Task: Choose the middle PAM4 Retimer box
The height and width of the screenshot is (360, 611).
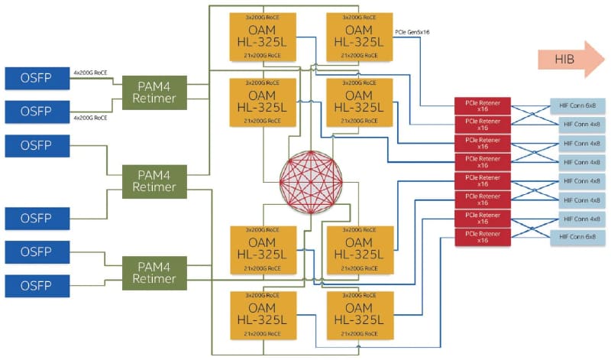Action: [154, 180]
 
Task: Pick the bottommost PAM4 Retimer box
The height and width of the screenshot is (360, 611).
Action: [154, 271]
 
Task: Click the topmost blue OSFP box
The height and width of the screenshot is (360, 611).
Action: [37, 77]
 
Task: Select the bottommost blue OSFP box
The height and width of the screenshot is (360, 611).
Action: [37, 286]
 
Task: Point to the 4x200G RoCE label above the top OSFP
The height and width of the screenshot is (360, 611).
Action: [89, 73]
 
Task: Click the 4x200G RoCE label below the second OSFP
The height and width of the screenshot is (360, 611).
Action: [89, 118]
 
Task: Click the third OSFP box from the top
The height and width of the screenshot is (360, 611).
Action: [37, 144]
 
